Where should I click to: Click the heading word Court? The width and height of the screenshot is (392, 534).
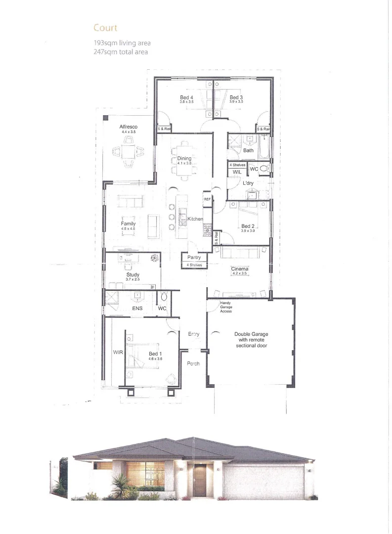coord(105,28)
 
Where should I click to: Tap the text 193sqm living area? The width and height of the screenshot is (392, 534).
coord(122,43)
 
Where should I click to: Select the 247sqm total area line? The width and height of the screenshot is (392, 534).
coord(121,51)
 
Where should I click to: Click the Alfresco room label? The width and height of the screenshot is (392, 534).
coord(128,127)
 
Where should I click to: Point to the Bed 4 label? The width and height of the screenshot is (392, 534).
coord(186,97)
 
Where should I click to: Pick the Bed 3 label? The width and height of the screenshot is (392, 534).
coord(236,97)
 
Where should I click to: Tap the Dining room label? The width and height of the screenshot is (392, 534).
coord(184,159)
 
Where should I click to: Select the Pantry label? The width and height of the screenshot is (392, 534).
coord(194,258)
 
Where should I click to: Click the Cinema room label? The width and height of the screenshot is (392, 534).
coord(239,269)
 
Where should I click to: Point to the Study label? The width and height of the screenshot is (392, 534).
coord(132,275)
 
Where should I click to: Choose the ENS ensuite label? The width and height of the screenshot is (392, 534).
coord(137,309)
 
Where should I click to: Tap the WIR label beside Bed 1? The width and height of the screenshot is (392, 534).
coord(118,353)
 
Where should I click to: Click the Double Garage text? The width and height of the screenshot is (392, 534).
coord(251,334)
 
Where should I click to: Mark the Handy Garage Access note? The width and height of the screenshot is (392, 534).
coord(222,307)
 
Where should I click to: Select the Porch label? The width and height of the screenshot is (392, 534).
coord(193,364)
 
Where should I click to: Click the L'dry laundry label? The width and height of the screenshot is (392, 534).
coord(248,183)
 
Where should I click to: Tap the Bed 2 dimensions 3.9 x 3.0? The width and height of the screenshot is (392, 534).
coord(248,231)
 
